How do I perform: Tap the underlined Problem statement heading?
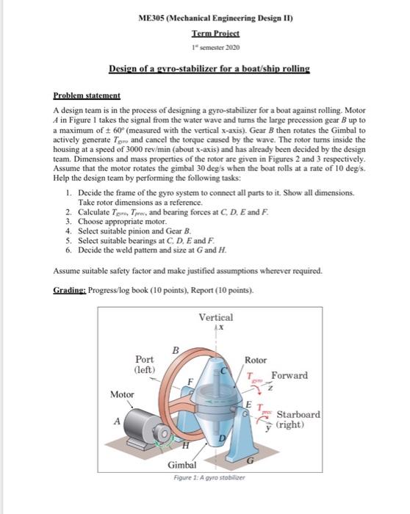(x=87, y=96)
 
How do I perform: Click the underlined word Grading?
(x=70, y=290)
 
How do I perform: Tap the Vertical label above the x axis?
(x=216, y=317)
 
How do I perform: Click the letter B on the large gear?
(x=174, y=350)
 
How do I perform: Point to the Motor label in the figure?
(x=122, y=394)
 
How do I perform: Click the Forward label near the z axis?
(x=289, y=375)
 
